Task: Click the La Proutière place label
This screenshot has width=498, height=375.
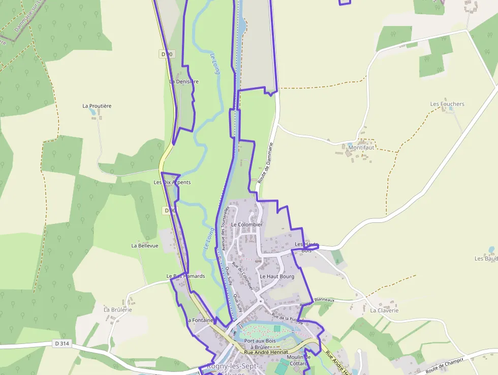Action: coord(97,106)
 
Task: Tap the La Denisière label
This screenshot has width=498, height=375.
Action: coord(184,81)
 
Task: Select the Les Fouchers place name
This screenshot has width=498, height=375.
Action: coord(447,104)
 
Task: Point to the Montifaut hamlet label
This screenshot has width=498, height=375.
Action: coord(361,148)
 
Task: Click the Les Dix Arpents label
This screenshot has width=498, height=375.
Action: coord(172,182)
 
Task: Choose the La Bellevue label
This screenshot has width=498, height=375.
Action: coord(145,245)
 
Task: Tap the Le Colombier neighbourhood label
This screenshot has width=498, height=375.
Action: coord(246,224)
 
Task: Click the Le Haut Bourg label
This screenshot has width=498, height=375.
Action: coord(277,276)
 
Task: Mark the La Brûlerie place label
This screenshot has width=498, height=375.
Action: coord(118,309)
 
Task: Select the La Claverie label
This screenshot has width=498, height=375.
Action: coord(384,310)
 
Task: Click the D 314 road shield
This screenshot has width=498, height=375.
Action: coord(61,344)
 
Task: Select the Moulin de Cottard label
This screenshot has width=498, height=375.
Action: coord(298,360)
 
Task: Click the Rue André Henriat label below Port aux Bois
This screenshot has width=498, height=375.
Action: coord(266,352)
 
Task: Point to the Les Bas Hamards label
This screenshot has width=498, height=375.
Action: coord(185,276)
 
